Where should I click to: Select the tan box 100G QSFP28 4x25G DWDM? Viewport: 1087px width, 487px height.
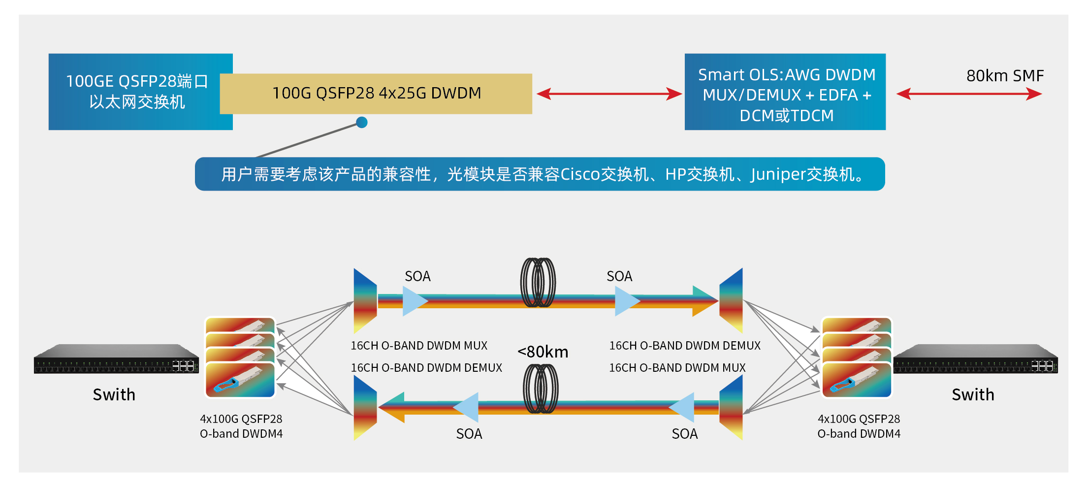pyautogui.click(x=376, y=94)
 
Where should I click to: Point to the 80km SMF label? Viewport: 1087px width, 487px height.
pyautogui.click(x=1005, y=76)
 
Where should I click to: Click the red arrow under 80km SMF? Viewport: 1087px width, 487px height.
pyautogui.click(x=969, y=94)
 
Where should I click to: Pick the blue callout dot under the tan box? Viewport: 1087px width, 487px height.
pyautogui.click(x=362, y=122)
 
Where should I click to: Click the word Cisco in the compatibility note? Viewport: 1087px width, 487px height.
pyautogui.click(x=580, y=174)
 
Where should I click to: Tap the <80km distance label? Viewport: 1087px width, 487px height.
pyautogui.click(x=543, y=352)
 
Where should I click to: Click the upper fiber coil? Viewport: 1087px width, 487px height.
pyautogui.click(x=538, y=283)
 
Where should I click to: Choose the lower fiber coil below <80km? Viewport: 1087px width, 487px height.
pyautogui.click(x=541, y=389)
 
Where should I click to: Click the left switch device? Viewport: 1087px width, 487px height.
pyautogui.click(x=116, y=359)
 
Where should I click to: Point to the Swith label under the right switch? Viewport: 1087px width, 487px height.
pyautogui.click(x=973, y=394)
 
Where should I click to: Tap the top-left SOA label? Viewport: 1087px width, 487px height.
pyautogui.click(x=417, y=276)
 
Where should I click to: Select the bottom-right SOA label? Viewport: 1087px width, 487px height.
pyautogui.click(x=684, y=434)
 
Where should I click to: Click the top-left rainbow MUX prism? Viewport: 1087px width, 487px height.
pyautogui.click(x=365, y=300)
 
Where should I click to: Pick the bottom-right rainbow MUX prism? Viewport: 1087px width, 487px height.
pyautogui.click(x=731, y=407)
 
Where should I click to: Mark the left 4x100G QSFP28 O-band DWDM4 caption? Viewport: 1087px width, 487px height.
pyautogui.click(x=241, y=426)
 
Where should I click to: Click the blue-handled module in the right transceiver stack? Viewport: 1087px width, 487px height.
pyautogui.click(x=857, y=380)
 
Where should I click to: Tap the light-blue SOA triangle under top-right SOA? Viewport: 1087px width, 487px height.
pyautogui.click(x=626, y=301)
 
